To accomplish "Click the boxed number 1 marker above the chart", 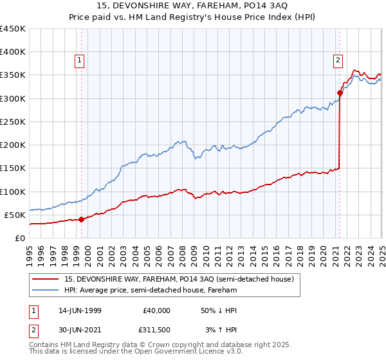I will point(79,61).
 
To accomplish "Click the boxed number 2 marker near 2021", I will point(338,61).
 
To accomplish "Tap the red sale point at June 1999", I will point(82,219).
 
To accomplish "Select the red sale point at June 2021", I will point(340,93).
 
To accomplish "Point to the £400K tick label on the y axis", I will point(13,52).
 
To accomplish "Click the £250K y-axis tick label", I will point(13,122).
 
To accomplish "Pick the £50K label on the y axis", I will point(15,215).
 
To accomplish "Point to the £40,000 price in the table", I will point(157,310).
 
